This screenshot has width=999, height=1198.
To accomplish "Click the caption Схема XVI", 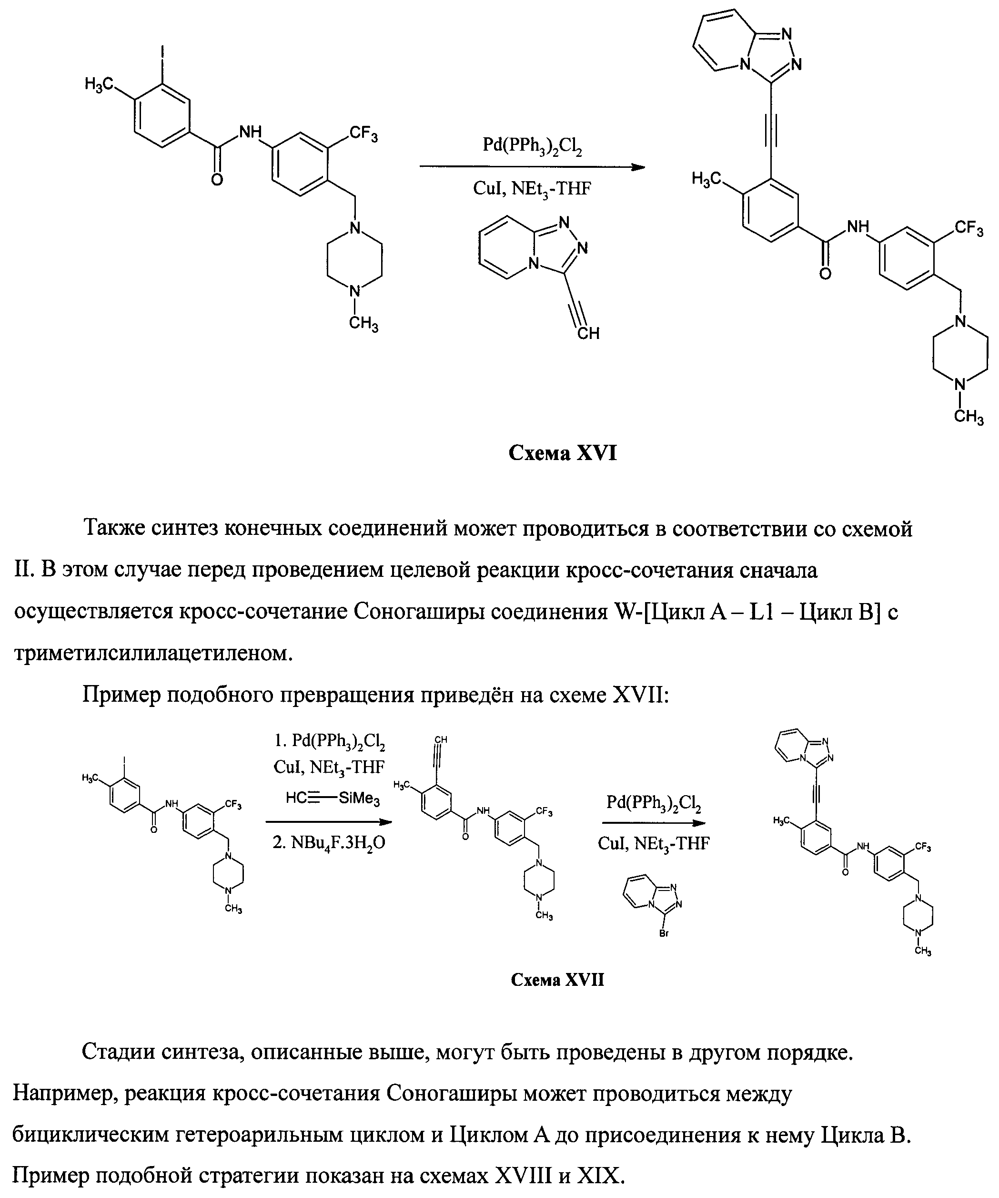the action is click(562, 453).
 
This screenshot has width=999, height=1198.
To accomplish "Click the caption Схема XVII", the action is click(557, 980).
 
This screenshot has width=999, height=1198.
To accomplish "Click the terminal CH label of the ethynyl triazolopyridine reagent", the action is click(588, 333).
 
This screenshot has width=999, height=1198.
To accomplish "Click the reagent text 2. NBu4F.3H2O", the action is click(329, 842).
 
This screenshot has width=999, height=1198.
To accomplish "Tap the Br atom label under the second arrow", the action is click(664, 934).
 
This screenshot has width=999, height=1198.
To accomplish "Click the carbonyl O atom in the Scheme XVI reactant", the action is click(217, 180).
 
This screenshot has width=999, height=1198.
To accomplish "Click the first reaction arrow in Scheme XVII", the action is click(329, 822).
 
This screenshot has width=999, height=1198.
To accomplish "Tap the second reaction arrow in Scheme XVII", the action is click(654, 823).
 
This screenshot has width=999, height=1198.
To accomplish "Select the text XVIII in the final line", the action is click(524, 1175).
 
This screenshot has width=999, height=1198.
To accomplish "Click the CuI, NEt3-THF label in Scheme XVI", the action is click(532, 188).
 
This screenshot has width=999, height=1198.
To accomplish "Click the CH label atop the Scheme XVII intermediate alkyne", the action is click(441, 740).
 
